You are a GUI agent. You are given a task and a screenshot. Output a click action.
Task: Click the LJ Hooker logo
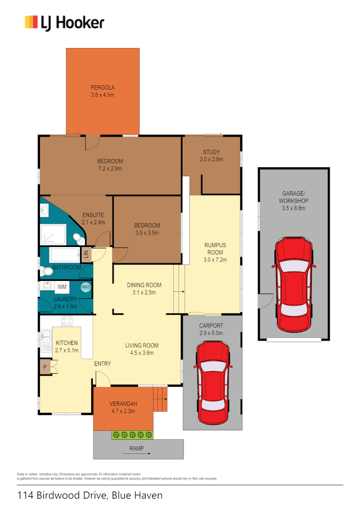[x=64, y=23]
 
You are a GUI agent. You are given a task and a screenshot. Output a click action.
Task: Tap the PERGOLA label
[x=103, y=87]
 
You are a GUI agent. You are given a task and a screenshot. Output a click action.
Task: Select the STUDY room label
[x=211, y=152]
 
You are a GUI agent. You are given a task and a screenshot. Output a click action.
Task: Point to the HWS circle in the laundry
[x=85, y=287]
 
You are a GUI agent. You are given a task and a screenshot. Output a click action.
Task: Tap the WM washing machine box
[x=62, y=287]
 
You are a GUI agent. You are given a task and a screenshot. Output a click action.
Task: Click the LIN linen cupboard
[x=86, y=255]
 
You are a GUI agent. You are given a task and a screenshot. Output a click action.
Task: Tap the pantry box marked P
[x=45, y=367]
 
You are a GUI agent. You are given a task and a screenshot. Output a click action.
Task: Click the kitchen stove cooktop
[x=67, y=321]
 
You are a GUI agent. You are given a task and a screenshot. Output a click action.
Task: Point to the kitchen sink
[x=46, y=338]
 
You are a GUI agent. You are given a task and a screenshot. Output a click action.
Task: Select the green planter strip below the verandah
[x=132, y=435]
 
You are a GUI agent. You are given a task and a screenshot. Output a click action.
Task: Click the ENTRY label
[x=102, y=363]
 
